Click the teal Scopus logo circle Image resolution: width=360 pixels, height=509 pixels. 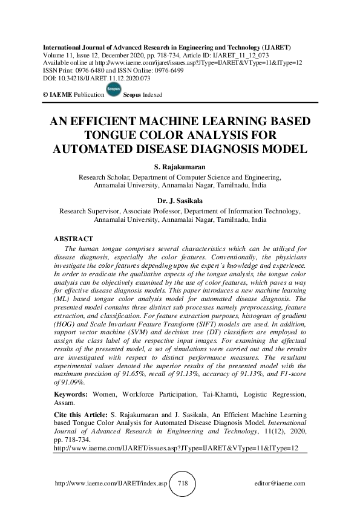(x=113, y=91)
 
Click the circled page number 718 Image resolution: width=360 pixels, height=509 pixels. (x=180, y=484)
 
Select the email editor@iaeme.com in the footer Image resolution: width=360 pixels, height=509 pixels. (x=281, y=484)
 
